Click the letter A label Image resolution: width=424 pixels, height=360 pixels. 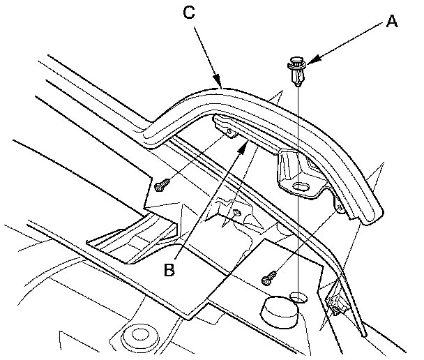392,21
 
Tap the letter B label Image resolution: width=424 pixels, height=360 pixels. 169,269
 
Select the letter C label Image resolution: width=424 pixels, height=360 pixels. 189,13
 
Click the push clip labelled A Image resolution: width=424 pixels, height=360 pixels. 297,71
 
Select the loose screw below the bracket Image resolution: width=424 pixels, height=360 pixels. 269,278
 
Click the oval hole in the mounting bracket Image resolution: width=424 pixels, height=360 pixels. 301,186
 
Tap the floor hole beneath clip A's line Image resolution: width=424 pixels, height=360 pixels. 298,297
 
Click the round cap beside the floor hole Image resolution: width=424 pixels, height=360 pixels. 278,312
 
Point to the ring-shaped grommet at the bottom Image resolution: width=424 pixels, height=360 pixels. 139,336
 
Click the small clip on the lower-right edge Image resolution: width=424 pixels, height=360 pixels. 336,305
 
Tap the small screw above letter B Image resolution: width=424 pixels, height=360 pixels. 237,213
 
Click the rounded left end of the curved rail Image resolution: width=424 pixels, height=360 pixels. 148,137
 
